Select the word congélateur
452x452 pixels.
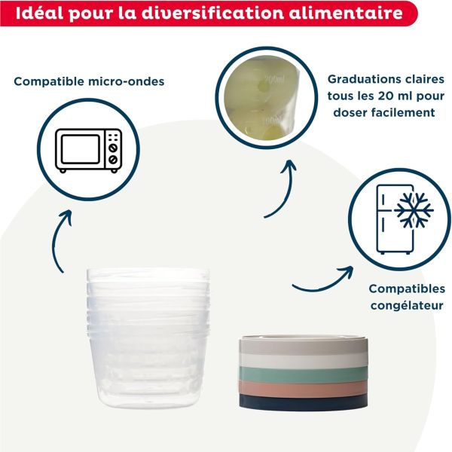[x=406, y=305]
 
